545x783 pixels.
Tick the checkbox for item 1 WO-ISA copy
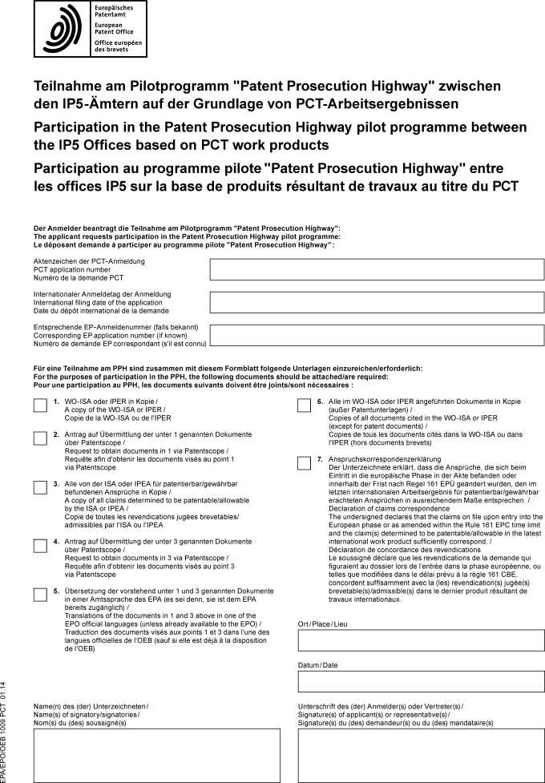(x=39, y=406)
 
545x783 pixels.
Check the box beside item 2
(x=39, y=438)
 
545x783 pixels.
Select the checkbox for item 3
(x=39, y=488)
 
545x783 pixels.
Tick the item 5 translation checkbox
(x=39, y=594)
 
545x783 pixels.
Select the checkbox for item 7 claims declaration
(x=304, y=462)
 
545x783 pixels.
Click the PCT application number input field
(x=377, y=269)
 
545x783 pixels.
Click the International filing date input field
(x=377, y=302)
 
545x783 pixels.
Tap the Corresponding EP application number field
(x=377, y=335)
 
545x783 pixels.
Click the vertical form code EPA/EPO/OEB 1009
(x=6, y=730)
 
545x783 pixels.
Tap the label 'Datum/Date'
(x=317, y=665)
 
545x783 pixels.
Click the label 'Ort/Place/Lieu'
(x=324, y=624)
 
